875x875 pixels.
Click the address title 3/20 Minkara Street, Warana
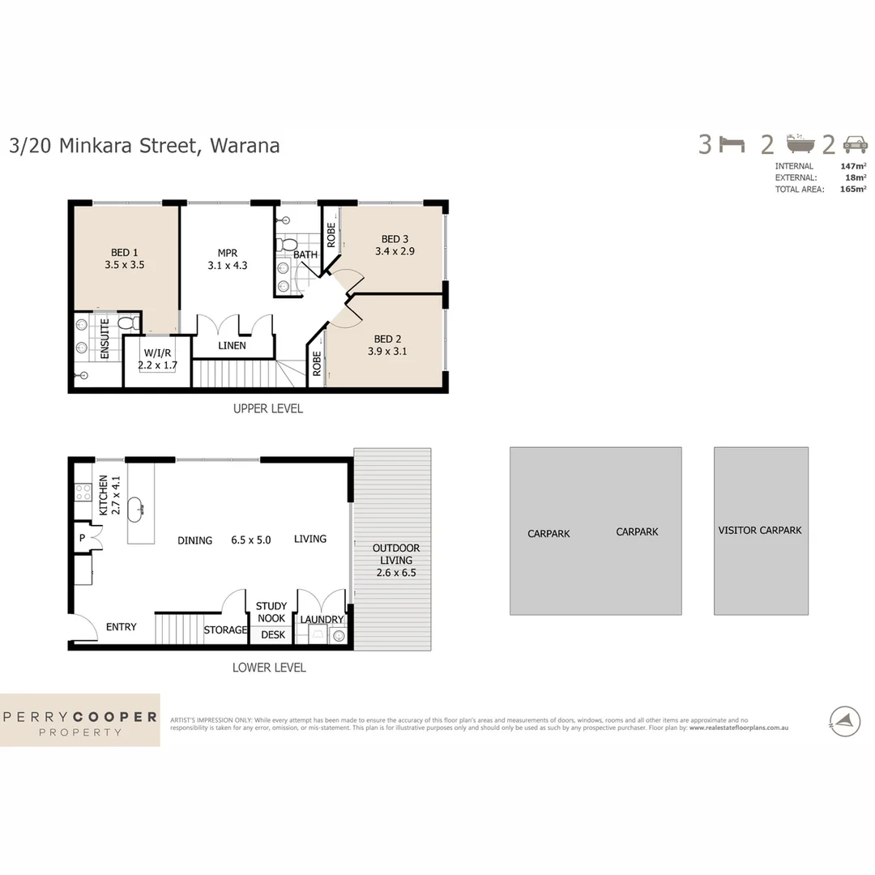tap(144, 146)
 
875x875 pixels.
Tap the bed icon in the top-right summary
tap(732, 145)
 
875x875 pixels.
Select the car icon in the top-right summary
tap(855, 145)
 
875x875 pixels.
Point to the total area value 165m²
tap(853, 189)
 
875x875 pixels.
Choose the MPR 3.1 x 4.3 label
tap(226, 258)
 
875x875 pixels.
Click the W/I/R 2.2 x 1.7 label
tap(156, 359)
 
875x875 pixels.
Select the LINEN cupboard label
tap(232, 346)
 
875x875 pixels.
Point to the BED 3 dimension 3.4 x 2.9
tap(395, 251)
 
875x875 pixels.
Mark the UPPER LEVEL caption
tap(267, 409)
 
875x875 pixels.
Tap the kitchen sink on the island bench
tap(140, 508)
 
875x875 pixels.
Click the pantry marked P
tap(83, 537)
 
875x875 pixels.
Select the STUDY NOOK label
tap(271, 612)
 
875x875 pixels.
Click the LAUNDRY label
tap(322, 620)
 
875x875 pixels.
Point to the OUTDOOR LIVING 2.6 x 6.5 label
tap(395, 560)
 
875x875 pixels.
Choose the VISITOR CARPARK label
tap(759, 530)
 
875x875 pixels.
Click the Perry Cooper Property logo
tap(79, 720)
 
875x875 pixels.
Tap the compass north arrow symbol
tap(844, 720)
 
